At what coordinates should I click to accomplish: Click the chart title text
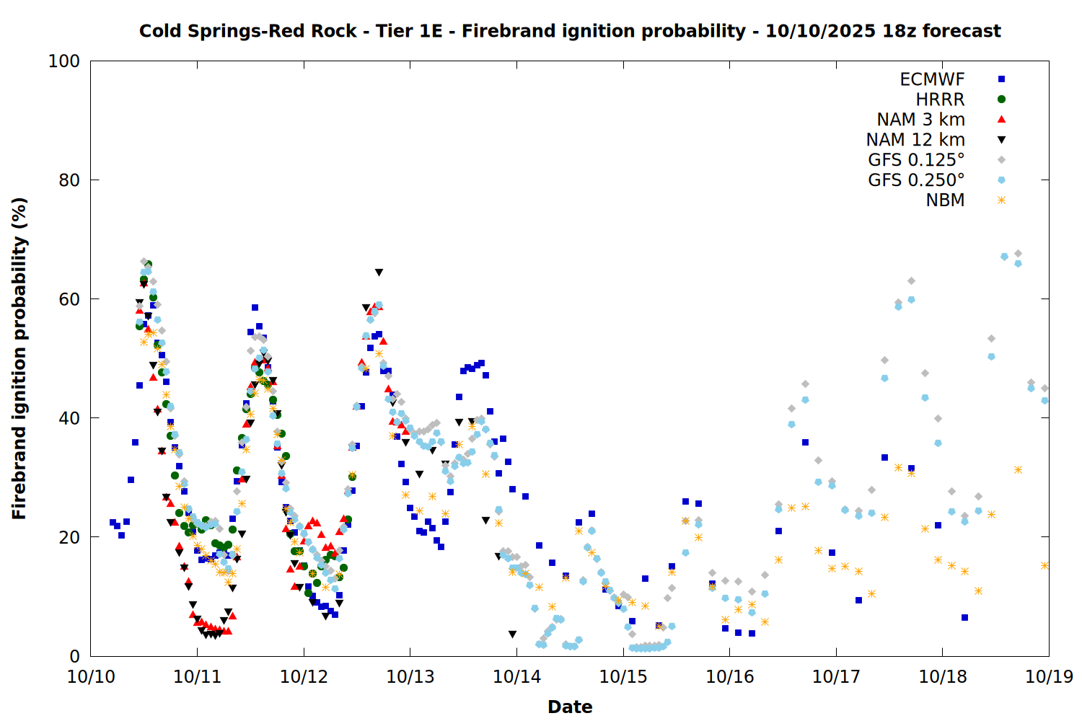click(x=570, y=31)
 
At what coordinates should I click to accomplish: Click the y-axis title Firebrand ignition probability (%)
click(x=19, y=358)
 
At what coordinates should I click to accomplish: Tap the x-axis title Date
click(x=570, y=707)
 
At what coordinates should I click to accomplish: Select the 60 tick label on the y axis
click(x=69, y=299)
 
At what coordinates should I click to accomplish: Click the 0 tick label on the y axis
click(x=74, y=656)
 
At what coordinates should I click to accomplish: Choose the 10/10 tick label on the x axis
click(x=91, y=677)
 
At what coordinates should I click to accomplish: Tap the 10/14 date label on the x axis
click(x=516, y=677)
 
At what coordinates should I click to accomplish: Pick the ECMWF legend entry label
click(x=932, y=79)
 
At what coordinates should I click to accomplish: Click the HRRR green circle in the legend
click(x=1001, y=99)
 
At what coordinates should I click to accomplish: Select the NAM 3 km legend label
click(x=920, y=120)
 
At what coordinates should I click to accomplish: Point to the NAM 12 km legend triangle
click(x=1001, y=140)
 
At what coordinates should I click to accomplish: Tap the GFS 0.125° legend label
click(x=916, y=160)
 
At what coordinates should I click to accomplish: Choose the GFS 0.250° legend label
click(x=916, y=180)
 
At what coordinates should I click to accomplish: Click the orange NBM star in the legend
click(x=1001, y=200)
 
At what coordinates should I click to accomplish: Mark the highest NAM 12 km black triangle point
click(x=379, y=273)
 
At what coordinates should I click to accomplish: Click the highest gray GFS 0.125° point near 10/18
click(x=1018, y=254)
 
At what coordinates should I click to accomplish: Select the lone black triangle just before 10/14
click(x=512, y=634)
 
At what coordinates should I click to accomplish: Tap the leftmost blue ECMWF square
click(x=113, y=522)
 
